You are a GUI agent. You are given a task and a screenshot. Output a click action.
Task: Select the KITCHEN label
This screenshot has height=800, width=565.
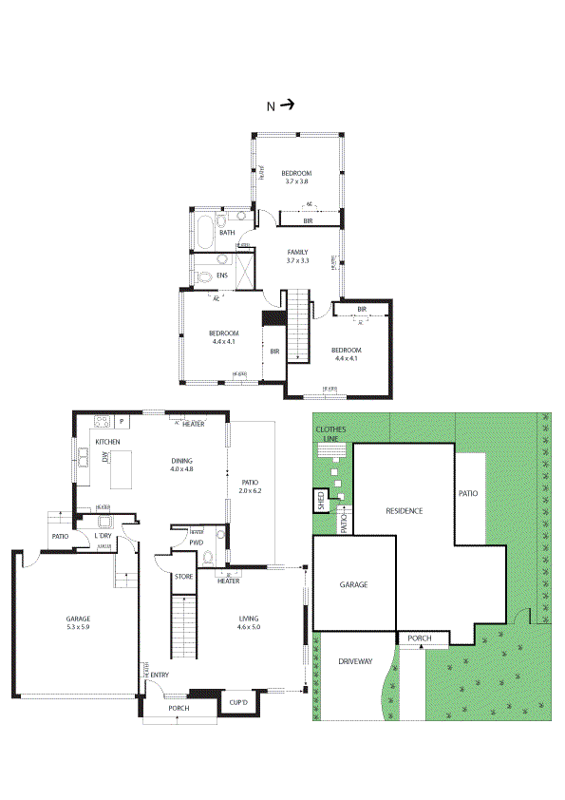[106, 443]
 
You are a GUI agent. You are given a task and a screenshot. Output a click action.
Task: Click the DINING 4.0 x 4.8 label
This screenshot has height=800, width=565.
[181, 464]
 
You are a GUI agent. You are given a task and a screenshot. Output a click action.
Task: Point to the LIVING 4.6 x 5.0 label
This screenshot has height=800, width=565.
[249, 622]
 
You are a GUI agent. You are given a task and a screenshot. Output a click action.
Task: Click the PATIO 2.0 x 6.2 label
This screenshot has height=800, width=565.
[251, 486]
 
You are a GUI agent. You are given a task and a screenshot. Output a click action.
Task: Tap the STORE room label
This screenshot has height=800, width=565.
[183, 577]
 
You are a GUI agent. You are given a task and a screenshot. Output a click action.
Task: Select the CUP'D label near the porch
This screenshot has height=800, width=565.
[237, 703]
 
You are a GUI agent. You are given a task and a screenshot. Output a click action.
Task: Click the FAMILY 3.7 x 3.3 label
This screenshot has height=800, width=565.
[299, 256]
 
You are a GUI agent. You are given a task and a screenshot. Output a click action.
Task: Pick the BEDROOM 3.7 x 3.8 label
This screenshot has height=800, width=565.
[296, 177]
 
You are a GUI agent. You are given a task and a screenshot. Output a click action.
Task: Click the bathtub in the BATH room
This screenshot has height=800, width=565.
[203, 229]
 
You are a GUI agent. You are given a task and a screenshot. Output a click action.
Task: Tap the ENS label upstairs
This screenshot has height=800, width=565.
[222, 276]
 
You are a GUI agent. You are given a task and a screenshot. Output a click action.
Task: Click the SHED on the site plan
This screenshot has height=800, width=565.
[321, 500]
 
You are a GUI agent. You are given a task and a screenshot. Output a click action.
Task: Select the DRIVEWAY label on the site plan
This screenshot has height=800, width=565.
[353, 661]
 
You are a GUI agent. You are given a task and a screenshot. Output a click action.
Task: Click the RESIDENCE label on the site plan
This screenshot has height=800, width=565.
[404, 511]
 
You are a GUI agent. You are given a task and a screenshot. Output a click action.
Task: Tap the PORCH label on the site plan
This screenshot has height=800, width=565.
[420, 638]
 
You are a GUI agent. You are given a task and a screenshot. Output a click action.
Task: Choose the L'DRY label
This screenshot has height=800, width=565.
[104, 537]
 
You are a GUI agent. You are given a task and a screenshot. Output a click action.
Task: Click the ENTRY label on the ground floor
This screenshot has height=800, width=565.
[159, 676]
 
